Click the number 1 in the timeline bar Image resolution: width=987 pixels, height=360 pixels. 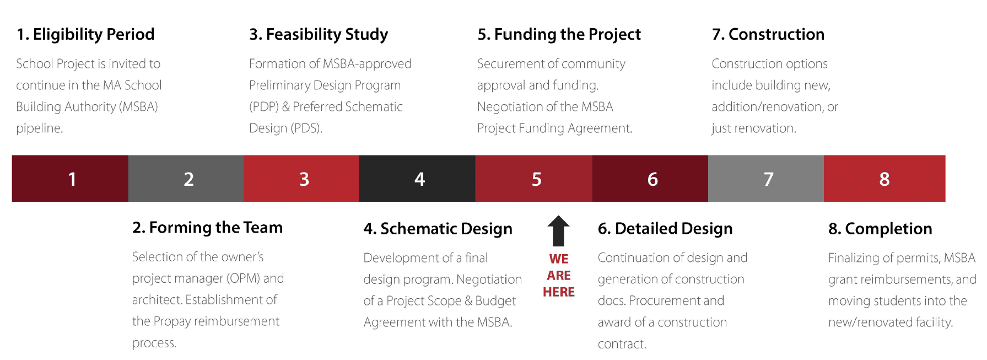[x=72, y=179]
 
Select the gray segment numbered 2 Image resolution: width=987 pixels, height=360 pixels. [x=188, y=179]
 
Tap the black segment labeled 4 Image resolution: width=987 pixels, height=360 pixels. [x=419, y=179]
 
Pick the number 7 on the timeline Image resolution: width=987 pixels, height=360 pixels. [x=768, y=179]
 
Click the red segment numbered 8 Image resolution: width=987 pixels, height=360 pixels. [x=884, y=179]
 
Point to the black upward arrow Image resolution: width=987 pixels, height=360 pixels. [x=558, y=230]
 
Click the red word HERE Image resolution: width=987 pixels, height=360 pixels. [x=558, y=292]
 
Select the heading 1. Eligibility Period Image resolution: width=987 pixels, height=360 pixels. [x=85, y=34]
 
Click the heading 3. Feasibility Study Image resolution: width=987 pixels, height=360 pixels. [x=319, y=34]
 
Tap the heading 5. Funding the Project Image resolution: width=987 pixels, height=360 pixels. [x=559, y=34]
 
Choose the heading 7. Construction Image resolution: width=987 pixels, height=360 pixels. [x=768, y=34]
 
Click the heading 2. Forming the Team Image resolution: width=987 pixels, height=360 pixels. [x=207, y=228]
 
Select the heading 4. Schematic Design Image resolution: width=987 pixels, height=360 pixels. [x=438, y=229]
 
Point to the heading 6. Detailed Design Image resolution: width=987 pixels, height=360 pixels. [x=665, y=229]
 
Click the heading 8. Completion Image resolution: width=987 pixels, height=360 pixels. [x=880, y=229]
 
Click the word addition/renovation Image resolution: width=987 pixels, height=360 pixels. [x=767, y=107]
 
